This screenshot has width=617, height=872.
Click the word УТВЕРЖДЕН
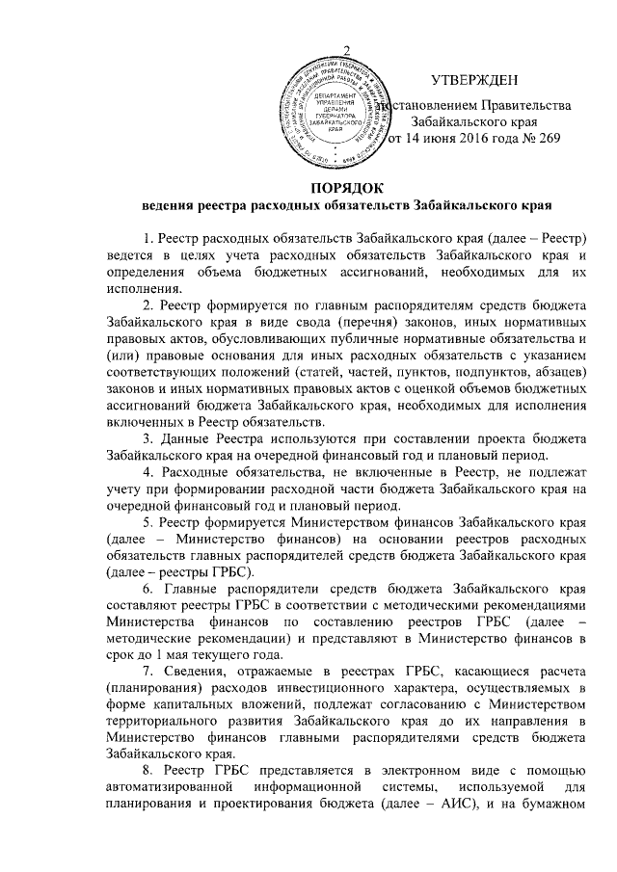(x=473, y=80)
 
